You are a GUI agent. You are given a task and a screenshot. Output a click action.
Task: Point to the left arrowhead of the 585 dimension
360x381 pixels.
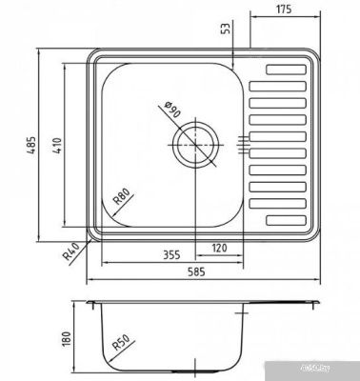(89, 282)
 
